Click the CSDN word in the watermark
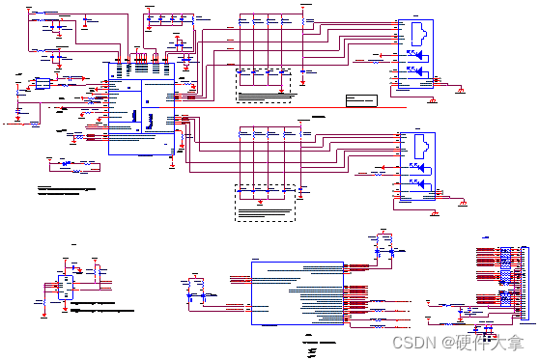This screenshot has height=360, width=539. tap(415, 342)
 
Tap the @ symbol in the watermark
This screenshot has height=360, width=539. tap(447, 342)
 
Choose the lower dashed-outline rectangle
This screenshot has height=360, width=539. tap(264, 203)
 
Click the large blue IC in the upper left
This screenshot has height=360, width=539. tap(141, 116)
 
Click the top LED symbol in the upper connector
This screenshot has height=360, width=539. tap(412, 54)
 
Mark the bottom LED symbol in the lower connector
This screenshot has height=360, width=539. tap(412, 181)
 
